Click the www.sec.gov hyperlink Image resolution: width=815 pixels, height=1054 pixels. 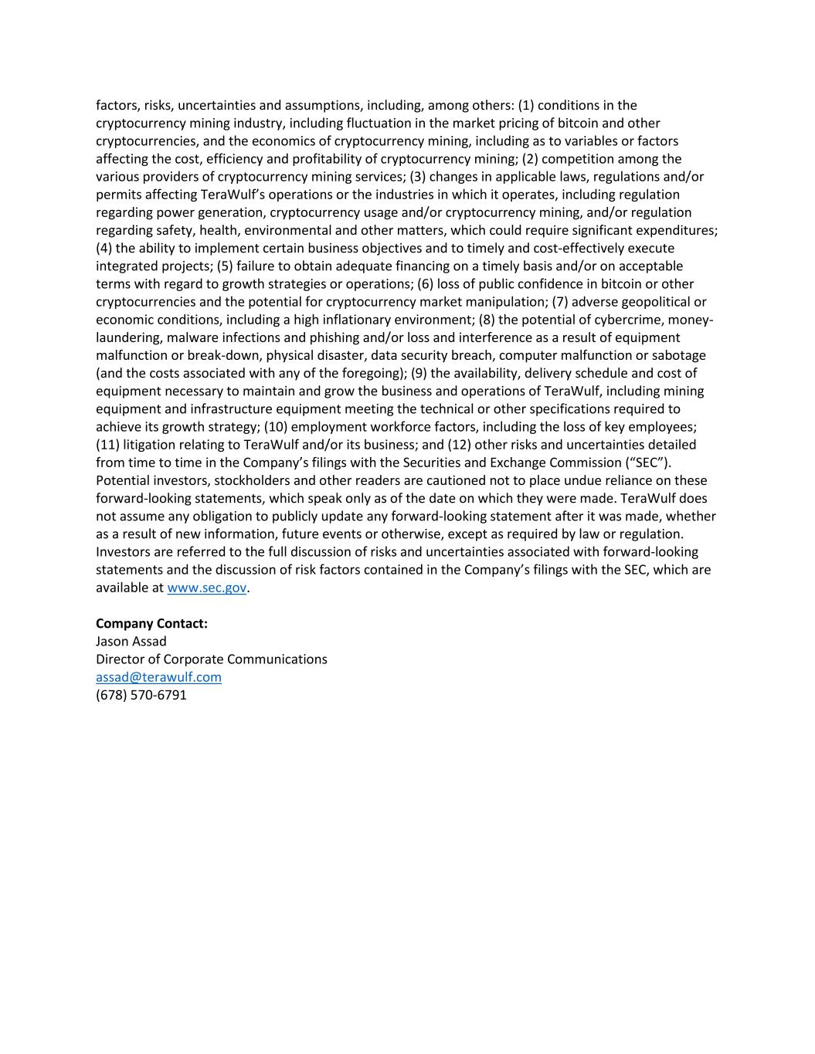pos(206,588)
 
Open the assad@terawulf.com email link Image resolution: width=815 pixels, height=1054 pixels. pos(158,677)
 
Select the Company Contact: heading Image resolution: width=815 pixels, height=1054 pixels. pos(151,623)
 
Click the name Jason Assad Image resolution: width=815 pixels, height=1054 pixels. pos(131,641)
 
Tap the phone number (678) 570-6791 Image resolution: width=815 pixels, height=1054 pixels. pos(141,695)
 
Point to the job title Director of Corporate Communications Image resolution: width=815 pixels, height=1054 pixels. pos(211,659)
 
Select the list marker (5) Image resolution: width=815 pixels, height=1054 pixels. pos(225,266)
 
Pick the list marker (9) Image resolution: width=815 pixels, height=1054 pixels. pos(419,373)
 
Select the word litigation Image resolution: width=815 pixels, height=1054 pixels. pos(151,445)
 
